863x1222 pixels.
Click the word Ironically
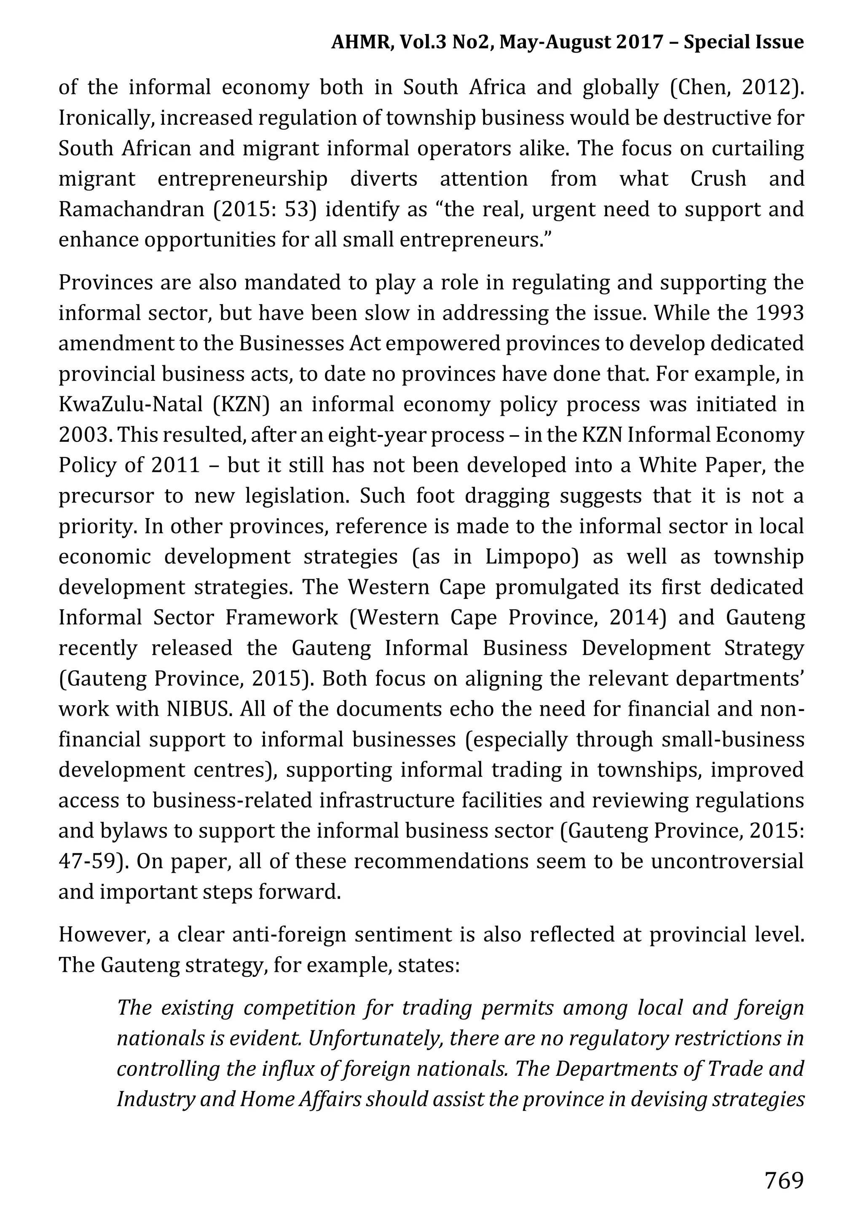pos(105,118)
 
